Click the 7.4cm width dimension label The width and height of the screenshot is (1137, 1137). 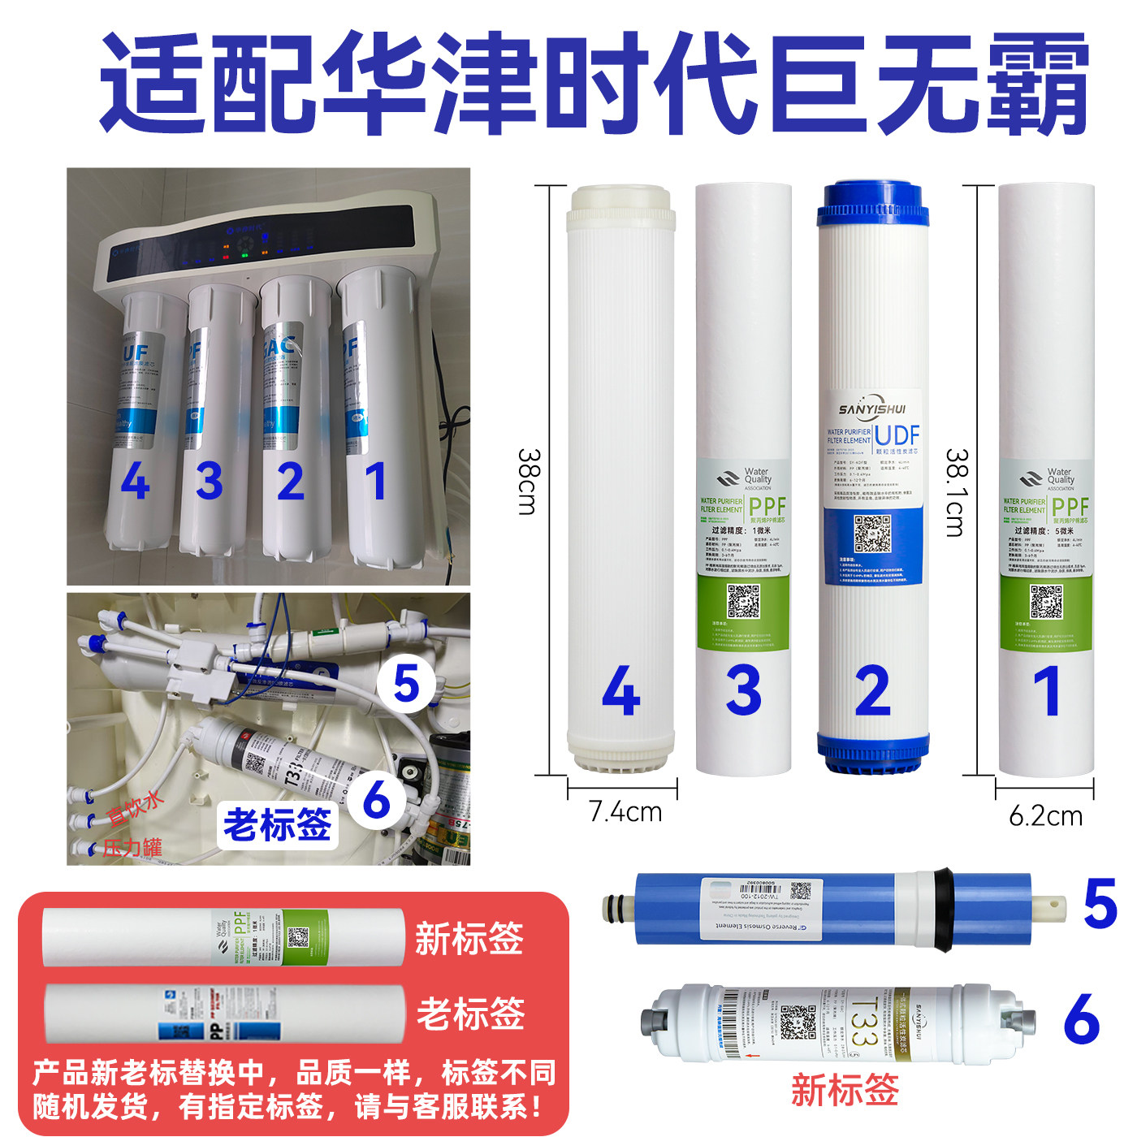pyautogui.click(x=625, y=811)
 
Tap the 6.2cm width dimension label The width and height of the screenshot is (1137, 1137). pyautogui.click(x=1045, y=815)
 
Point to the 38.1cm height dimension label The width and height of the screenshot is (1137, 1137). pyautogui.click(x=955, y=492)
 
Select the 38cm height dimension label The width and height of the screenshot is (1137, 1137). pyautogui.click(x=528, y=481)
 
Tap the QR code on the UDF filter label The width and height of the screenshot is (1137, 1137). pyautogui.click(x=872, y=534)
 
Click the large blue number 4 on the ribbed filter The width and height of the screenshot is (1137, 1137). pyautogui.click(x=621, y=691)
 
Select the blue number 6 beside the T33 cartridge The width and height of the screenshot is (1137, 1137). pyautogui.click(x=1082, y=1018)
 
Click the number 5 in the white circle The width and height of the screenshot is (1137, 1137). pyautogui.click(x=406, y=684)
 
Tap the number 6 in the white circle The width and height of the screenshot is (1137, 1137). pyautogui.click(x=377, y=801)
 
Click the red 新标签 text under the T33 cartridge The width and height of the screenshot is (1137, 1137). pyautogui.click(x=845, y=1090)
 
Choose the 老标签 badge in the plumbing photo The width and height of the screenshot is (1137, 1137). pyautogui.click(x=277, y=825)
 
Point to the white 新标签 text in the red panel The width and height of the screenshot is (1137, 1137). pyautogui.click(x=469, y=939)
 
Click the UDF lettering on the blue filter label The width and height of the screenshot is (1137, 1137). pyautogui.click(x=897, y=435)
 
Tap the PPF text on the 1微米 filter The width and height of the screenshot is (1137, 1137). pyautogui.click(x=767, y=505)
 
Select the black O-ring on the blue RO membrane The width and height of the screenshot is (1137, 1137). pyautogui.click(x=944, y=910)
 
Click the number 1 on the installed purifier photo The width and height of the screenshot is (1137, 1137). pyautogui.click(x=374, y=482)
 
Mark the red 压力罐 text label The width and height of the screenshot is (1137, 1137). pyautogui.click(x=132, y=848)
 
